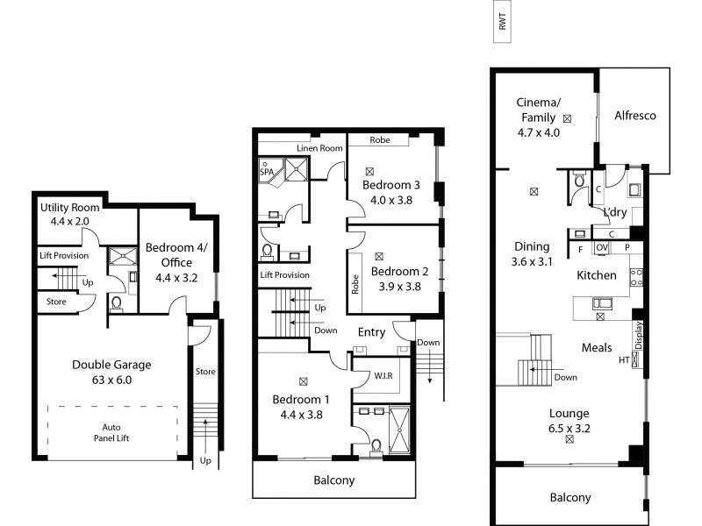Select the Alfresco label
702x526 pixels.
tap(635, 116)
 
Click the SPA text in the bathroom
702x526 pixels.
tap(267, 173)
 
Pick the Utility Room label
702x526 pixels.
tap(70, 207)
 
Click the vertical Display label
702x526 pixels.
tap(638, 335)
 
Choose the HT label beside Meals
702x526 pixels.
tap(624, 360)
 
